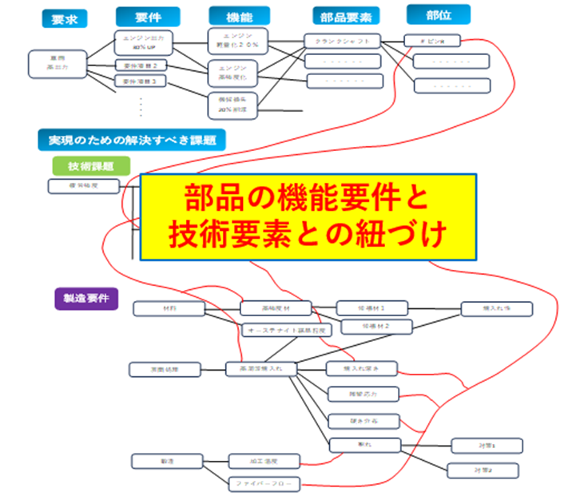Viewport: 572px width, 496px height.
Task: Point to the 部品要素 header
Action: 345,17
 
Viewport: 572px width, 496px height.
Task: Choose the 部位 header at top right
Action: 437,14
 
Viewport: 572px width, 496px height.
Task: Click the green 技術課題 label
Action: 90,165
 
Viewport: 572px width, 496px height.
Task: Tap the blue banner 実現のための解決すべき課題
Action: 130,140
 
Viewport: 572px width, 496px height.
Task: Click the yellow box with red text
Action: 308,216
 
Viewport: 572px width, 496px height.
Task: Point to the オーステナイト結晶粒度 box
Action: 276,329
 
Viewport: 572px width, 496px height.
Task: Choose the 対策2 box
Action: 484,470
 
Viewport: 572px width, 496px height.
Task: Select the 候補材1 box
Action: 372,308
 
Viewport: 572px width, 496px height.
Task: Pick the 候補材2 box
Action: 376,326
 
